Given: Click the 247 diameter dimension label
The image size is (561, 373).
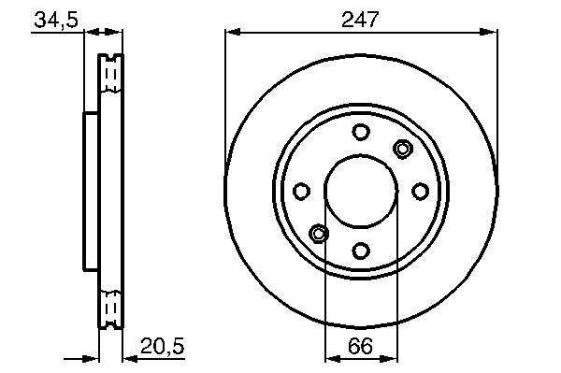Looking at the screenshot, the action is (x=360, y=20).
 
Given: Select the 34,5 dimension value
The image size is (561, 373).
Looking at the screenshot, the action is (x=56, y=20).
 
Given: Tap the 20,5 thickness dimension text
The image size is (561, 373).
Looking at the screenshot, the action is (x=163, y=346).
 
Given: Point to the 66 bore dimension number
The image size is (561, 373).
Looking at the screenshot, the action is (x=361, y=346).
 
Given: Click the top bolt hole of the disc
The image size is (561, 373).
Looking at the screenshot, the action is (x=361, y=132).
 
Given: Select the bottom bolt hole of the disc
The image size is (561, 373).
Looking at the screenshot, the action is (x=361, y=251).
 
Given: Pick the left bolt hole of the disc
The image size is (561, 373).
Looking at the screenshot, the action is (x=301, y=191).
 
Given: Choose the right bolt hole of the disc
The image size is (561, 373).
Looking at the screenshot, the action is (x=420, y=191).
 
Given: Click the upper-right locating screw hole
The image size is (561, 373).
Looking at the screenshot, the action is (x=402, y=149).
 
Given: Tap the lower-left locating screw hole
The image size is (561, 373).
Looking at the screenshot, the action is (x=319, y=233).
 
